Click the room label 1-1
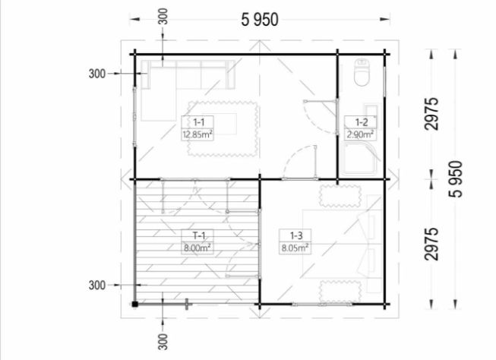(x=198, y=122)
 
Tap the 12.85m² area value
(x=197, y=134)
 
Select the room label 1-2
(x=362, y=122)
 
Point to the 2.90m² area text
(x=360, y=134)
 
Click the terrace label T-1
(x=199, y=235)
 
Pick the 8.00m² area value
(x=197, y=248)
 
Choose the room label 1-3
(x=296, y=235)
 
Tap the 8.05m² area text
(x=295, y=248)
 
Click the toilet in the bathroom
(x=362, y=72)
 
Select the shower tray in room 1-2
(x=360, y=159)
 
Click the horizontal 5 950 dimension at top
(x=260, y=20)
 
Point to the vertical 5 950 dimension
(x=456, y=179)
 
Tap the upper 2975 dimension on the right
(x=431, y=114)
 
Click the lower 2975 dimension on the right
(x=431, y=244)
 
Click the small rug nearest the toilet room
(x=340, y=195)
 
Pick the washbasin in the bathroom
(x=371, y=112)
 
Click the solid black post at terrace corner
(x=134, y=305)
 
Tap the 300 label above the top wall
(x=163, y=17)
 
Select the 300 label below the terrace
(x=163, y=342)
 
